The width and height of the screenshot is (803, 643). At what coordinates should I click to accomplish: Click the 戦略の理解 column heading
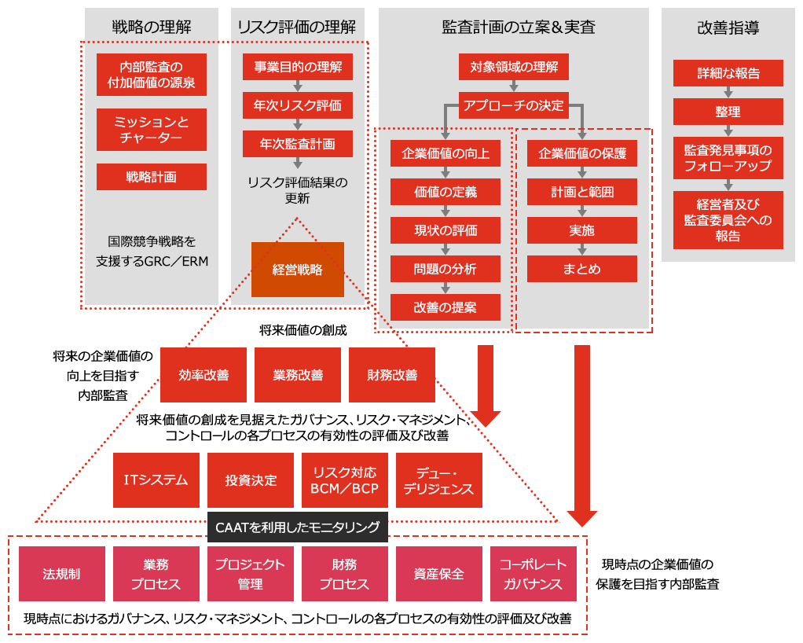(152, 27)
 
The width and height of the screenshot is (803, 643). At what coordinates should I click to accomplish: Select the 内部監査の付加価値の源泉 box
(152, 75)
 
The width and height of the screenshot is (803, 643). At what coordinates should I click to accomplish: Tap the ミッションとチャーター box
(152, 130)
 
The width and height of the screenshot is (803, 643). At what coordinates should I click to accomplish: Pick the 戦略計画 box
(152, 177)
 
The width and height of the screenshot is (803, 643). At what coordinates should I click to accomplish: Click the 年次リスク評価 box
(298, 105)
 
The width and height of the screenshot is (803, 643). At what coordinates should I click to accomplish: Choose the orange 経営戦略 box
(298, 270)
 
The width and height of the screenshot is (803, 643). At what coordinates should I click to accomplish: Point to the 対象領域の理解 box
(514, 67)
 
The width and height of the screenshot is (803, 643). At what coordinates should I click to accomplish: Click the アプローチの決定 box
(514, 105)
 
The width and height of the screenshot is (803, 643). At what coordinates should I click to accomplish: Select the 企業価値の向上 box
(445, 153)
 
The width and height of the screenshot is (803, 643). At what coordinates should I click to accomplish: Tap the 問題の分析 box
(445, 269)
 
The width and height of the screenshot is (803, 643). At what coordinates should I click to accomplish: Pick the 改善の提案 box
(445, 307)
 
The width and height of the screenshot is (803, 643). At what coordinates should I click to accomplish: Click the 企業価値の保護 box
(582, 153)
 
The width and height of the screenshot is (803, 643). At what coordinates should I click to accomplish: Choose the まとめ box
(582, 269)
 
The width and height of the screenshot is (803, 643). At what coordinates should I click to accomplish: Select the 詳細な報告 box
(728, 73)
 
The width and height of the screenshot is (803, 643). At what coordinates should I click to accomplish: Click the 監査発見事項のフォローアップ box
(728, 158)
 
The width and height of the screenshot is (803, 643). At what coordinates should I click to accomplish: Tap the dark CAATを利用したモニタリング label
(298, 527)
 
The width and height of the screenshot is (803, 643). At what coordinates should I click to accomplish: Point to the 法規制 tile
(61, 574)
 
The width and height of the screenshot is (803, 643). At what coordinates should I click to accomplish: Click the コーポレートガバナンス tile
(533, 574)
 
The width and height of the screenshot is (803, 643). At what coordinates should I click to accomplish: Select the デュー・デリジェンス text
(438, 480)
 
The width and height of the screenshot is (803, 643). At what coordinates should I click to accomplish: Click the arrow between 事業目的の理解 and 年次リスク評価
(298, 86)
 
